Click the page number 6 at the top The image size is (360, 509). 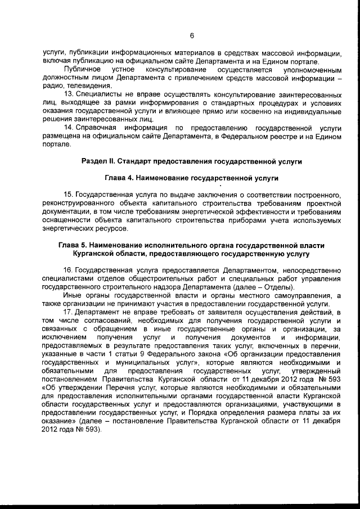(192, 37)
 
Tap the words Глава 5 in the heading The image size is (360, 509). (75, 246)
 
